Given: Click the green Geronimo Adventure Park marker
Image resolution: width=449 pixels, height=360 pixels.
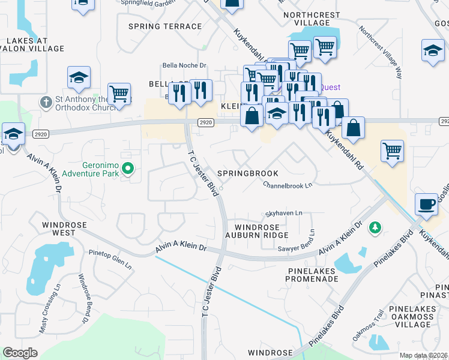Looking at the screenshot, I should pyautogui.click(x=127, y=167).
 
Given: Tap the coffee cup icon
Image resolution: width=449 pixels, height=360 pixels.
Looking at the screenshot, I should pyautogui.click(x=426, y=205).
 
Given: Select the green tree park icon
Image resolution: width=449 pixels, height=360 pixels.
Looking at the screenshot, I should pyautogui.click(x=375, y=227).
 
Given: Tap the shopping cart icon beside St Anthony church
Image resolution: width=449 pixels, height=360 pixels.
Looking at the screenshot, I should pyautogui.click(x=119, y=94).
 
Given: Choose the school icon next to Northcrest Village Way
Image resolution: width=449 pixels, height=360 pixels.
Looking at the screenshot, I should pyautogui.click(x=433, y=51).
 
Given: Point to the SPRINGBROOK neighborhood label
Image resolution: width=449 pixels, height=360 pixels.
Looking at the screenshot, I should pyautogui.click(x=247, y=173).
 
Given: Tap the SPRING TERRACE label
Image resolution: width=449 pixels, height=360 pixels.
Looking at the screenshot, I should pyautogui.click(x=165, y=26).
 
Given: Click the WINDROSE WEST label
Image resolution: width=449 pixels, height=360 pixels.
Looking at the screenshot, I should pyautogui.click(x=64, y=229).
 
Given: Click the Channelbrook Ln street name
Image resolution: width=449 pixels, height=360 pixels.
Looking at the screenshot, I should pyautogui.click(x=288, y=185).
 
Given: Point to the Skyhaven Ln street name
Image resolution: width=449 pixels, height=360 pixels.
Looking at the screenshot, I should pyautogui.click(x=284, y=214).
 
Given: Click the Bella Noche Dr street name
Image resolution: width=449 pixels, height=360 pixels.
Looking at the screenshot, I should pyautogui.click(x=184, y=66).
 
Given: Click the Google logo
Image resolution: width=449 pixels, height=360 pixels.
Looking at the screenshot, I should pyautogui.click(x=20, y=353).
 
